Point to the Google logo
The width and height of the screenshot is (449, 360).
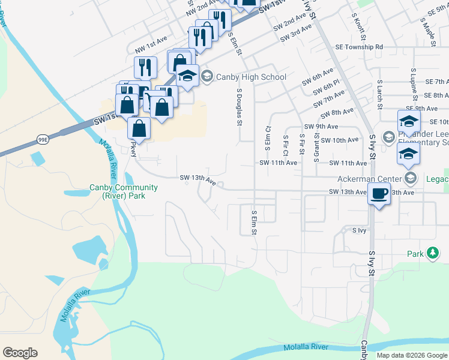coord(20,353)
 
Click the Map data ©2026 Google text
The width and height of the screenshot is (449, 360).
coord(412,355)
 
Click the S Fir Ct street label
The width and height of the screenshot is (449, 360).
coord(285,145)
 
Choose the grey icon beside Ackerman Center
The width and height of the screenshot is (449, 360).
coord(411,178)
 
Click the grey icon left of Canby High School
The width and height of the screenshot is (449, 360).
coord(207,76)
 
